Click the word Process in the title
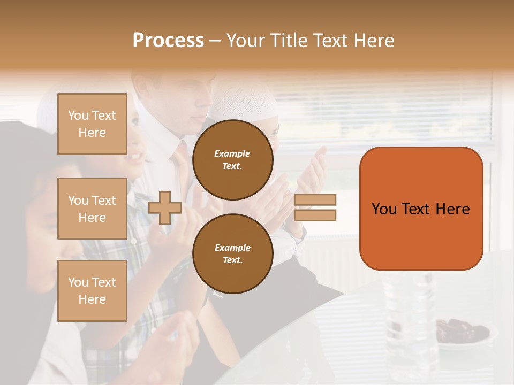168,40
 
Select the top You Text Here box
92,124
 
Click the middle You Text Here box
92,209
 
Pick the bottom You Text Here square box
92,290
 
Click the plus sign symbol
165,207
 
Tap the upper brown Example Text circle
232,160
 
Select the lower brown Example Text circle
232,253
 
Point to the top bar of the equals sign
315,199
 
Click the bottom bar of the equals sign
315,215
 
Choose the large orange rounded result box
421,209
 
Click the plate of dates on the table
461,331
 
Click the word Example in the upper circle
232,153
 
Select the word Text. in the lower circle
232,260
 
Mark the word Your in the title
246,40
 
